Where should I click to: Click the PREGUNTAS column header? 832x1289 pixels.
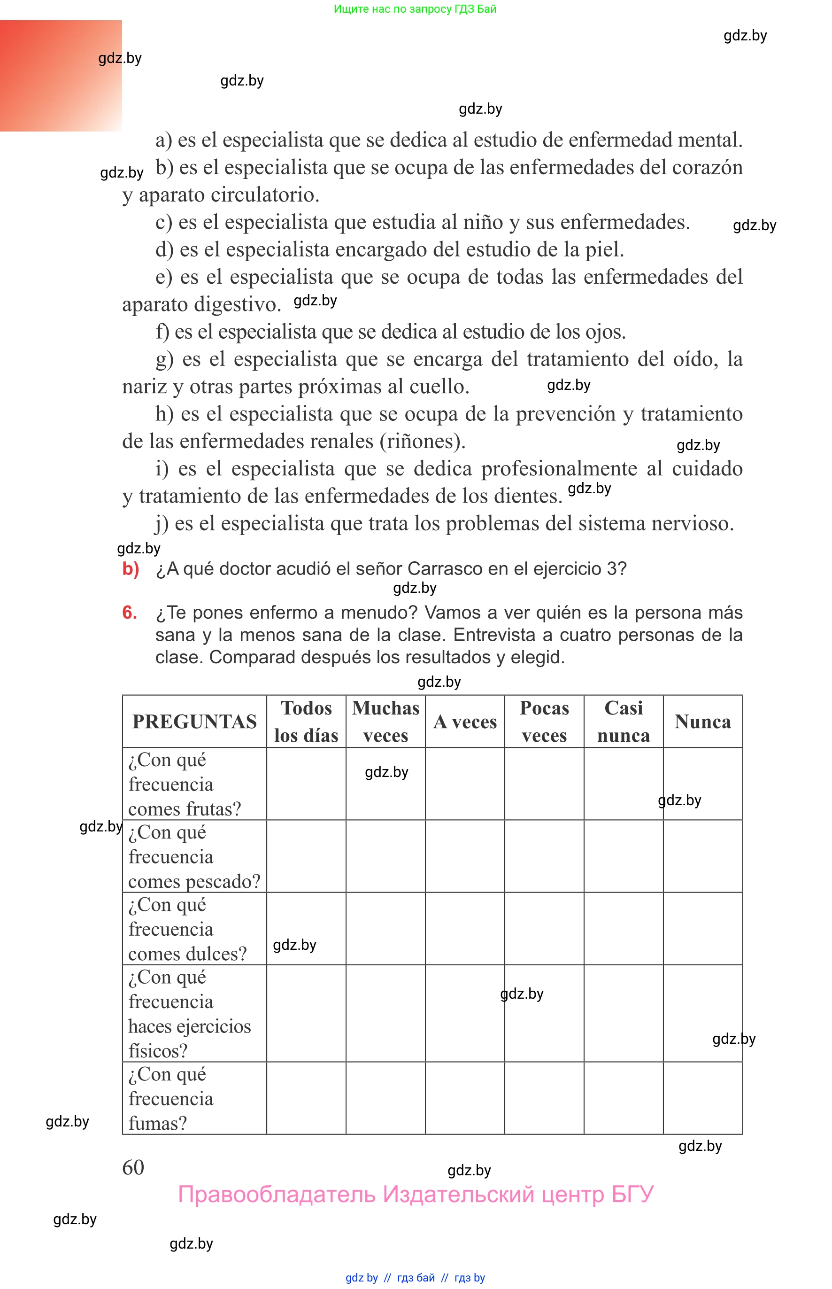coord(194,722)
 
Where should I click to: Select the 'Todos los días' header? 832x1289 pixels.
coord(306,722)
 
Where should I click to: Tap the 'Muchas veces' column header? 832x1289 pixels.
coord(386,722)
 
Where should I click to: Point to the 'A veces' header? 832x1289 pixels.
coord(465,722)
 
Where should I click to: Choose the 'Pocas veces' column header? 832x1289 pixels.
coord(544,722)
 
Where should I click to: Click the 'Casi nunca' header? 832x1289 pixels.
coord(624,722)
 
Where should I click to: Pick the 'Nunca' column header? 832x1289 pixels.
coord(703,722)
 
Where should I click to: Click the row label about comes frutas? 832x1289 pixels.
coord(185,784)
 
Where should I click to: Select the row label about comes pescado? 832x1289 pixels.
coord(194,857)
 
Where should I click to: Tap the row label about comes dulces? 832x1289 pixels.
coord(187,929)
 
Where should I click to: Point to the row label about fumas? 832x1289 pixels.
coord(171,1098)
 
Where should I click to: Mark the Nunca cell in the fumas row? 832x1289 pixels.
coord(703,1098)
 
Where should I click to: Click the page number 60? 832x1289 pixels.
coord(133,1167)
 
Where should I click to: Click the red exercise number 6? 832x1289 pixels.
coord(130,613)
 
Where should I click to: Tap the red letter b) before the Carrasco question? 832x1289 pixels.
coord(131,568)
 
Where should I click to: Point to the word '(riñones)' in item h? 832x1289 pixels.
coord(423,442)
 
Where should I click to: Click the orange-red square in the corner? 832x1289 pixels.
coord(61,76)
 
